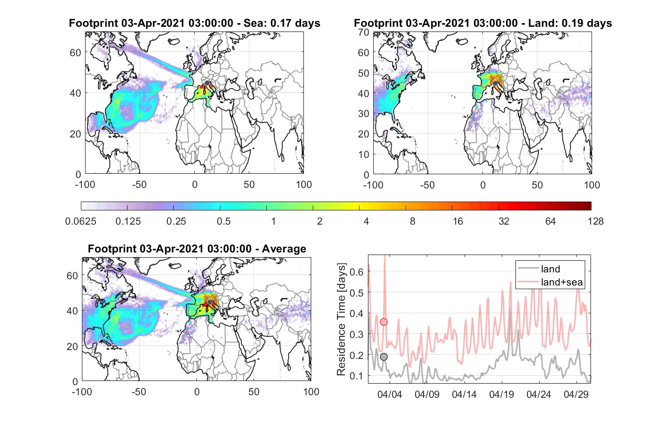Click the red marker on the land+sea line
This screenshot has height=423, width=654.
(x=384, y=322)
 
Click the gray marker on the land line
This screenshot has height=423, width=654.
(x=384, y=357)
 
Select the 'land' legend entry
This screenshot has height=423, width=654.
(x=551, y=269)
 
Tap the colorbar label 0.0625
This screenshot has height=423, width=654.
(x=81, y=221)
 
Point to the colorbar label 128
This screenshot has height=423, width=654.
(x=595, y=221)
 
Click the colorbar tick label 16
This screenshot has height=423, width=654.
(x=458, y=221)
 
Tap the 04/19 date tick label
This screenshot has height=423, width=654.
(x=501, y=394)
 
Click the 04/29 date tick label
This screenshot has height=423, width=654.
(x=576, y=394)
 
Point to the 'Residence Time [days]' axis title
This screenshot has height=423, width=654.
(x=341, y=319)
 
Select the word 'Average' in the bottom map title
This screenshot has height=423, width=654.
(x=284, y=249)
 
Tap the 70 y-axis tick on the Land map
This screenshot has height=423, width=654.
(x=364, y=33)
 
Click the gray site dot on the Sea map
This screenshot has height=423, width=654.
(x=207, y=83)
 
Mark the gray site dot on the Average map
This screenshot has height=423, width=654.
(x=210, y=302)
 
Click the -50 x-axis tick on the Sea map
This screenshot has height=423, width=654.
(x=139, y=185)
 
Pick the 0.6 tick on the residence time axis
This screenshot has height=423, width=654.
(x=356, y=272)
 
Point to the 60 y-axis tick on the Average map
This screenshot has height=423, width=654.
(x=72, y=276)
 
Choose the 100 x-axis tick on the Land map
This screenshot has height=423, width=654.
(x=592, y=185)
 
